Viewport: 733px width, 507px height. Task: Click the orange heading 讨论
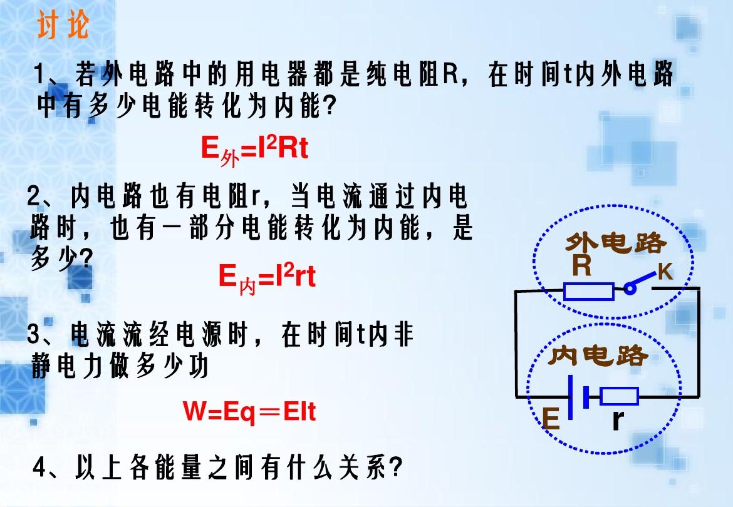(63, 25)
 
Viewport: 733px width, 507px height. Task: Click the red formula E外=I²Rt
(254, 150)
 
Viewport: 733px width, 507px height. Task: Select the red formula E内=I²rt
(267, 278)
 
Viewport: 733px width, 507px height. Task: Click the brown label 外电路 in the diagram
(616, 243)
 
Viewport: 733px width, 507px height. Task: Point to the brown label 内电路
(599, 356)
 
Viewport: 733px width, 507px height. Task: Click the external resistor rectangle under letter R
(588, 291)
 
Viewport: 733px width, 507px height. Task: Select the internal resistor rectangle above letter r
(619, 396)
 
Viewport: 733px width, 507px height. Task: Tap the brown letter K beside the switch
(665, 271)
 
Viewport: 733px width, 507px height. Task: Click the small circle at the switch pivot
(630, 289)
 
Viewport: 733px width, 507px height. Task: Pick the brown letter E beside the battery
(551, 418)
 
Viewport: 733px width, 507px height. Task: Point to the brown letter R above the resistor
(581, 265)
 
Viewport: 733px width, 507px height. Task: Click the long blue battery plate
(570, 397)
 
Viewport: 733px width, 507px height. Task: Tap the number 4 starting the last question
(39, 468)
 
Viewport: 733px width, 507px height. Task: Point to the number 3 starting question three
(33, 334)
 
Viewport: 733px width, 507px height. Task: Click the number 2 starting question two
(33, 196)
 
